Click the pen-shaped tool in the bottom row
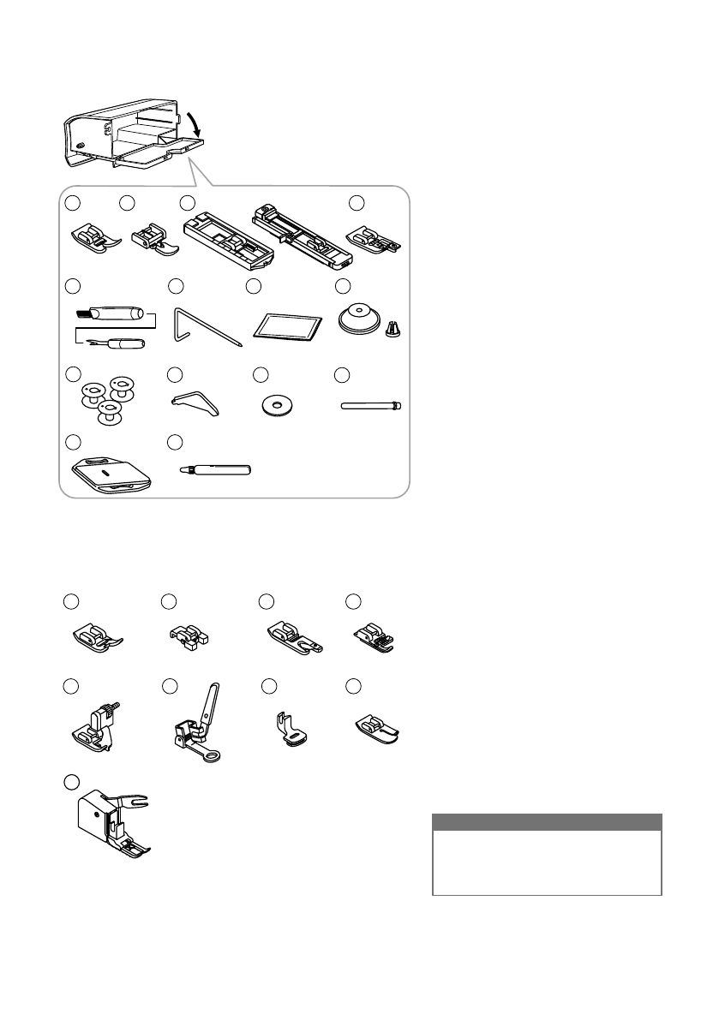[214, 469]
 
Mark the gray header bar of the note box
[547, 821]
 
